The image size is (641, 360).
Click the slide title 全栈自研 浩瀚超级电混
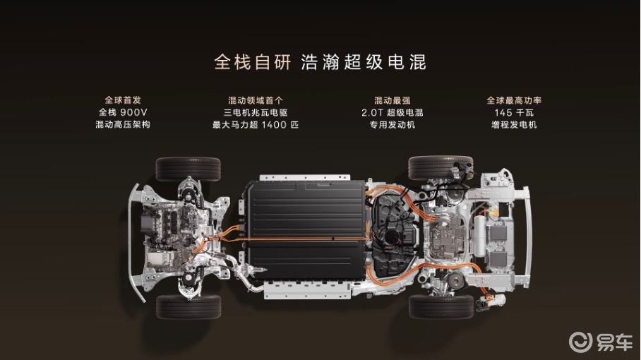(x=320, y=63)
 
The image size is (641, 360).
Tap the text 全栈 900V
(x=123, y=112)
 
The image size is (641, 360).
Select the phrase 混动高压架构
(x=123, y=125)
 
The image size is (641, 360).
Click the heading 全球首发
(x=123, y=100)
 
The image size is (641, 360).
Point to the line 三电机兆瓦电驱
(x=256, y=112)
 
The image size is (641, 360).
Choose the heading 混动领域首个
(x=256, y=100)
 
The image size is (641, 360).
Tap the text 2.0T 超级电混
(x=392, y=112)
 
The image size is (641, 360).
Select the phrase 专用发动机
(x=392, y=125)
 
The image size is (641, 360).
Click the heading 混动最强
(x=392, y=100)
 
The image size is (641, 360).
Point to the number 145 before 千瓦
(x=503, y=112)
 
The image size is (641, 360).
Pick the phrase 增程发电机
(x=514, y=125)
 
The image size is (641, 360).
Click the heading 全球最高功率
(x=514, y=100)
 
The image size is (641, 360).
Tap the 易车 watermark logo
(x=601, y=342)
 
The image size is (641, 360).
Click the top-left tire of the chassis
(x=188, y=169)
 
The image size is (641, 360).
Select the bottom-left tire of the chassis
(x=188, y=307)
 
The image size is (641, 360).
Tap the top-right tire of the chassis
(x=441, y=167)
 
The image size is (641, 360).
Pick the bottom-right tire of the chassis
(x=441, y=307)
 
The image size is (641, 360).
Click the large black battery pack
(x=306, y=229)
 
